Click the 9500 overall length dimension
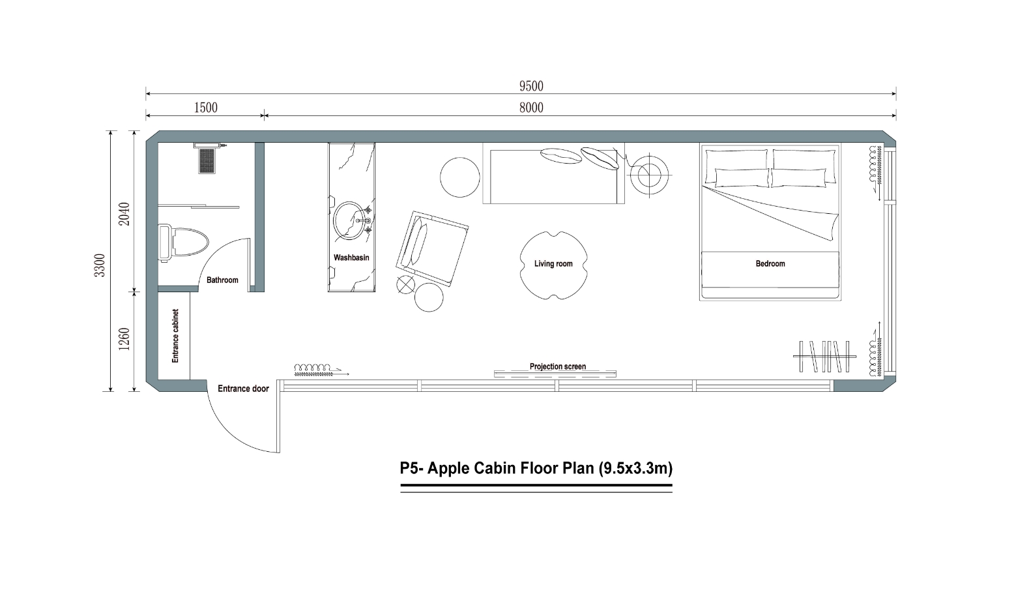coord(531,86)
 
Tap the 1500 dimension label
coord(205,108)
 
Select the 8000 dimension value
coord(531,108)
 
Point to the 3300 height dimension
coord(99,265)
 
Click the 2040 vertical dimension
coord(124,214)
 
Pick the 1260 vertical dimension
coord(124,338)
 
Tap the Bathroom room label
coord(222,280)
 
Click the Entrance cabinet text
coord(175,336)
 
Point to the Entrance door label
coord(243,389)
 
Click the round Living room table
coord(553,265)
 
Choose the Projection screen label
coord(557,366)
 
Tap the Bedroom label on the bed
coord(770,263)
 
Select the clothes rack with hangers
coord(824,356)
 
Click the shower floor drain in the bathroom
coord(208,160)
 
